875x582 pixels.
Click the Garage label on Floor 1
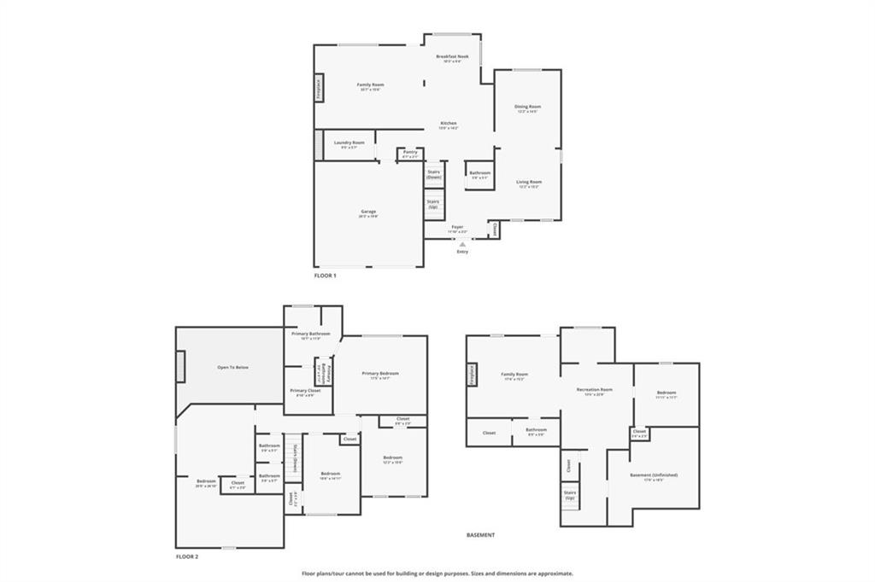click(367, 212)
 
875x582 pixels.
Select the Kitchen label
click(449, 124)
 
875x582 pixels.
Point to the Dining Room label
click(527, 107)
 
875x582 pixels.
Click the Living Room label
click(528, 182)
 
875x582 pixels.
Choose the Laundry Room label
click(349, 143)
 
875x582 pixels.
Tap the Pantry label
click(410, 152)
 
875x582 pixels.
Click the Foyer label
click(458, 227)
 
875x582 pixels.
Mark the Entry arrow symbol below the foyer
click(462, 243)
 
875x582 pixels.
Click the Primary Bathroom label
click(310, 334)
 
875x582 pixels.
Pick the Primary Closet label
click(305, 390)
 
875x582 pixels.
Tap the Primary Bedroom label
click(380, 373)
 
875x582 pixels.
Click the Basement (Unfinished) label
click(654, 474)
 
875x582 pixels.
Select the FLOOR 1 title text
click(326, 276)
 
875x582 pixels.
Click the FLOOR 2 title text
click(186, 556)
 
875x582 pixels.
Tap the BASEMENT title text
click(480, 535)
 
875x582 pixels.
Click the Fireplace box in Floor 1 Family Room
click(318, 88)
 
